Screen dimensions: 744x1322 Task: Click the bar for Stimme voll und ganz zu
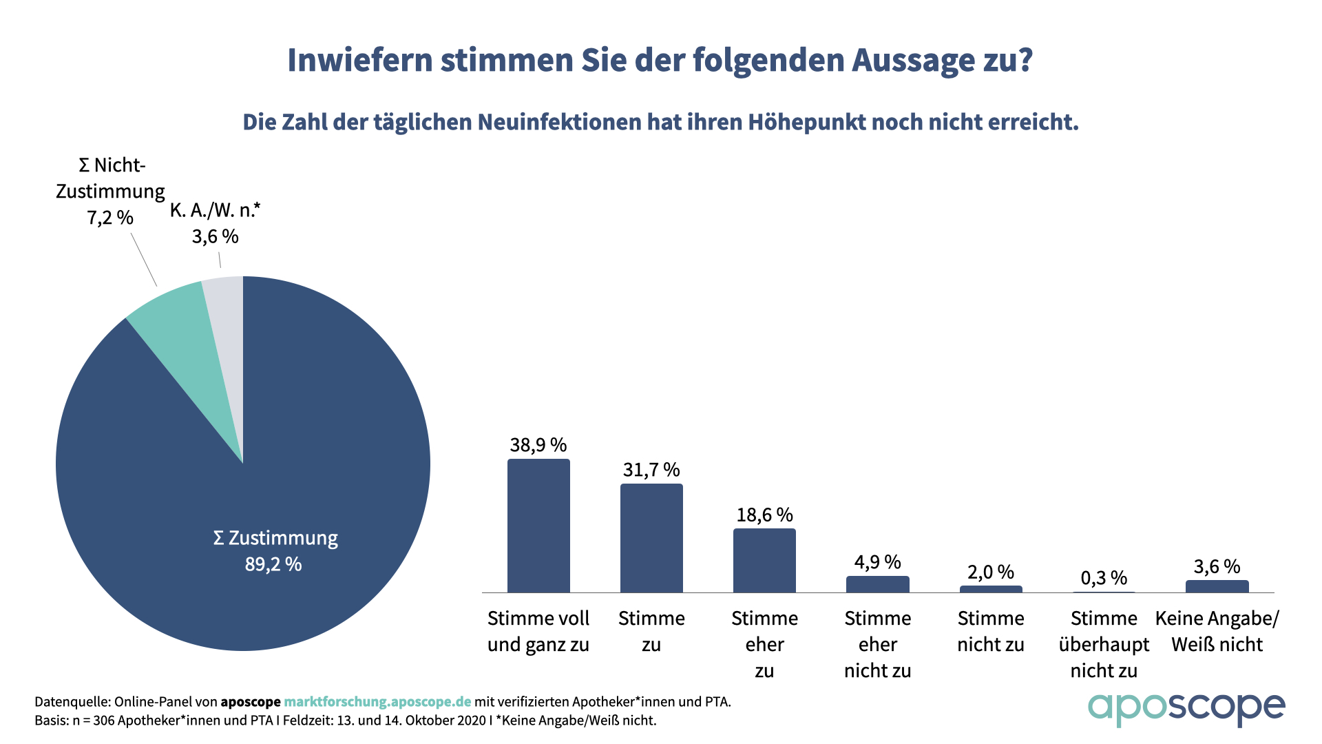(x=538, y=526)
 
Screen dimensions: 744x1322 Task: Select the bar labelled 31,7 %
(x=651, y=538)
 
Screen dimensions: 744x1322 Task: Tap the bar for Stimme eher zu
(x=764, y=561)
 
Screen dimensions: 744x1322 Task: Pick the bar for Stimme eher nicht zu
(x=877, y=584)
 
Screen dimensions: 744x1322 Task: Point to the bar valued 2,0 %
(x=991, y=589)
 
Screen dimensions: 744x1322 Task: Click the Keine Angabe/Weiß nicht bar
(x=1217, y=586)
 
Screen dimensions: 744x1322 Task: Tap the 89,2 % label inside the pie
(x=273, y=565)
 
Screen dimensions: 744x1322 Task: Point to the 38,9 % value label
(x=538, y=445)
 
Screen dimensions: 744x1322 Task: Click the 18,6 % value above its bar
(x=764, y=515)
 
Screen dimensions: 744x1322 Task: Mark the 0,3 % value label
(x=1104, y=578)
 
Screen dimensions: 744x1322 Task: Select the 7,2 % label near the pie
(x=110, y=218)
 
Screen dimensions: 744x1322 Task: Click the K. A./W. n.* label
(x=215, y=210)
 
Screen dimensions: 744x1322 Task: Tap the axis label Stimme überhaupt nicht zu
(x=1104, y=644)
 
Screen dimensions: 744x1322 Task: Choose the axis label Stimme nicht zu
(x=991, y=631)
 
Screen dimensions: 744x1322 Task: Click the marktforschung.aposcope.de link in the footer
(x=377, y=702)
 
